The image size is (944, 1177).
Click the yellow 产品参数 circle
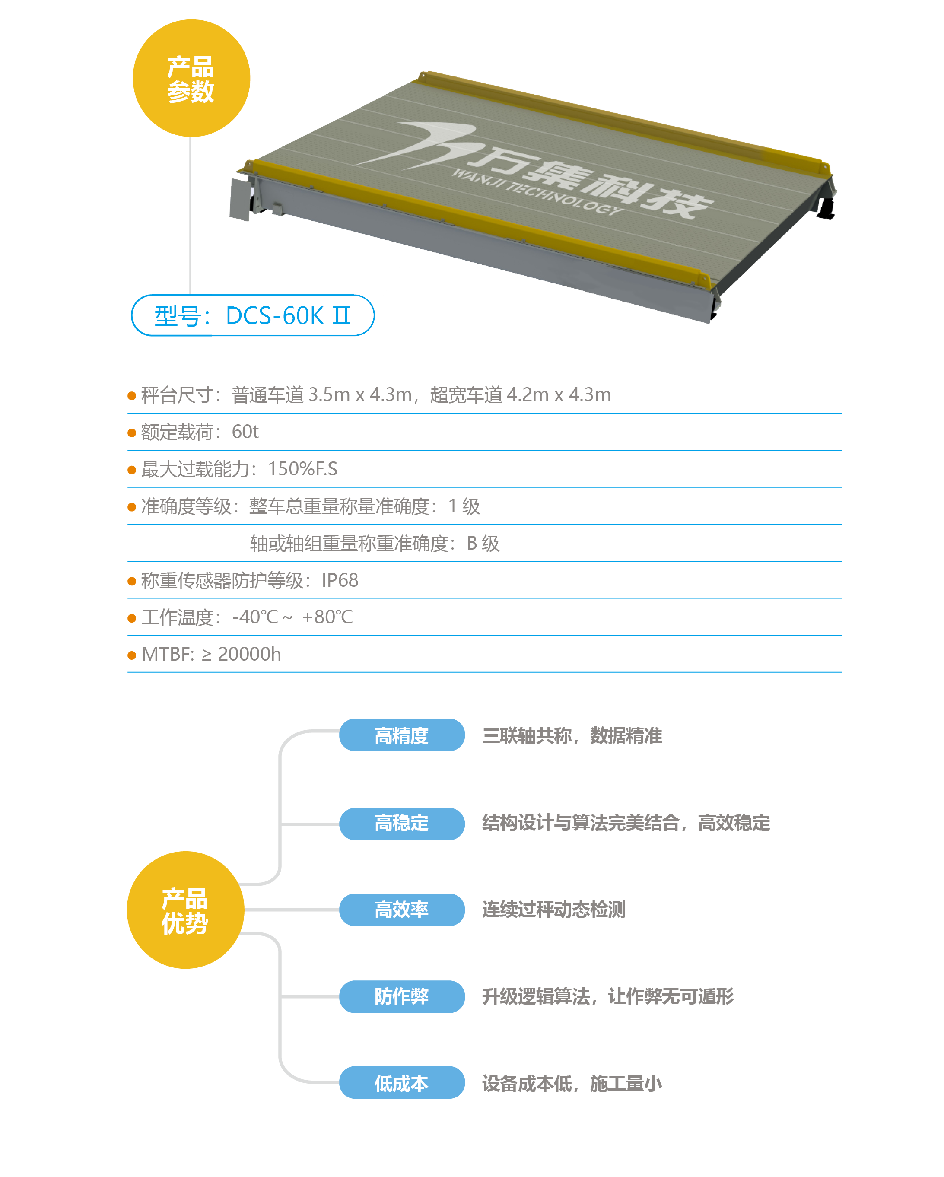(191, 78)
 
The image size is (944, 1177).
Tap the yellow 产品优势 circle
(185, 910)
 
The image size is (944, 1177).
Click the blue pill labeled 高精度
(401, 735)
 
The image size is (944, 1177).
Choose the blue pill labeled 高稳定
(401, 823)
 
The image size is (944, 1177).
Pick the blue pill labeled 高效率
(401, 910)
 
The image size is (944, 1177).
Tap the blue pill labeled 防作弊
(401, 996)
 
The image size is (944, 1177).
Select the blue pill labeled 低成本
(401, 1083)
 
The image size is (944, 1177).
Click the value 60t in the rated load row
(245, 432)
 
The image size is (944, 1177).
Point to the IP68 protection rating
(340, 580)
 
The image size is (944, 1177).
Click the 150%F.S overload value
(302, 469)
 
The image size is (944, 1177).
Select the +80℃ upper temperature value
(327, 617)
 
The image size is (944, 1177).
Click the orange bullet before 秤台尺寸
(132, 395)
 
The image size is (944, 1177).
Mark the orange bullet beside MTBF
(132, 655)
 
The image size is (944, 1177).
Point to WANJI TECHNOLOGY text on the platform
(538, 191)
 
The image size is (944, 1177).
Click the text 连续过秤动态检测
(553, 910)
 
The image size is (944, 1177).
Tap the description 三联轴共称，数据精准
(572, 735)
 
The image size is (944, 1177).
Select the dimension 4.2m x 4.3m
(559, 394)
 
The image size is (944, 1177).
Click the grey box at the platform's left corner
(240, 199)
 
